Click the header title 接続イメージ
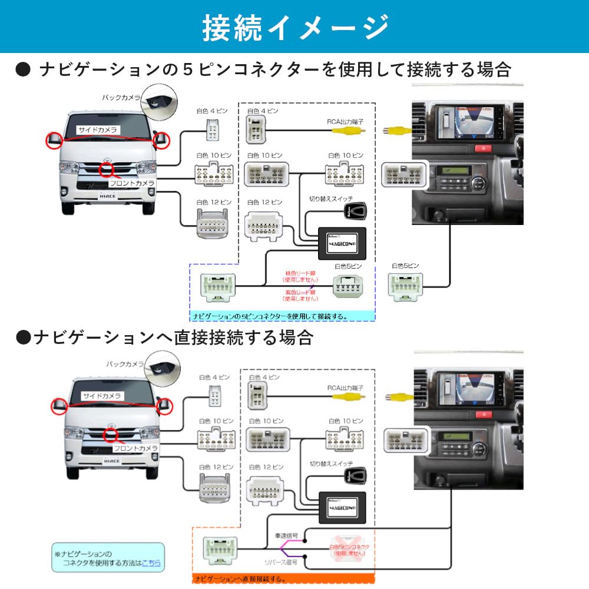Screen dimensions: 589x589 294,27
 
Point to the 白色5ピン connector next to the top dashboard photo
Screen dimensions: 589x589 405,287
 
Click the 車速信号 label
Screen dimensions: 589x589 286,537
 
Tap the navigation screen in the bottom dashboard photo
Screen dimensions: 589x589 467,389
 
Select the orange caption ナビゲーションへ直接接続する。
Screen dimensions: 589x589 239,578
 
